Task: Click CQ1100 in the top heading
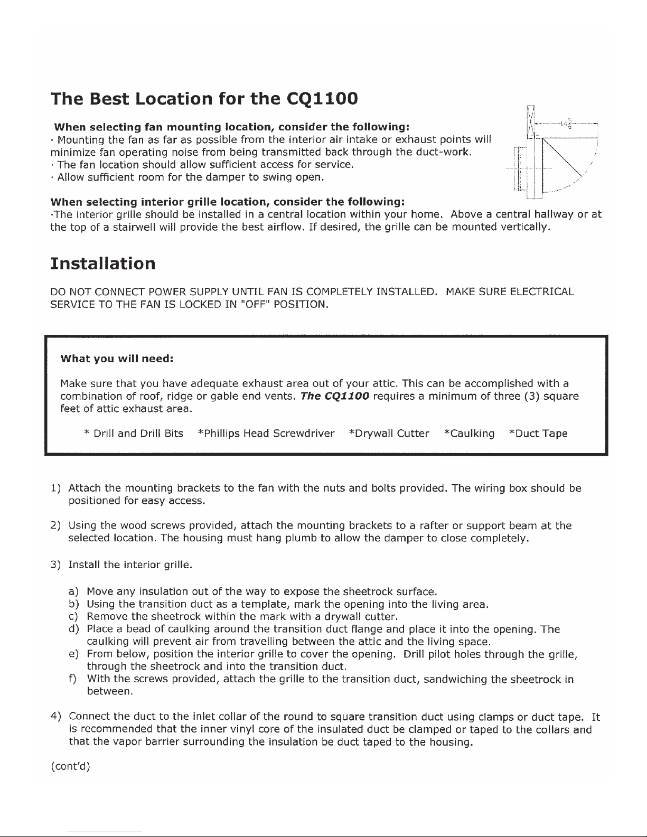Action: (x=322, y=98)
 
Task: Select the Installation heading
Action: (x=102, y=263)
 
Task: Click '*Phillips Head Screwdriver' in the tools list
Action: (x=265, y=434)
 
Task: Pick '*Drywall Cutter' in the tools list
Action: (x=389, y=434)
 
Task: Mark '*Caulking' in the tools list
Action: (x=470, y=434)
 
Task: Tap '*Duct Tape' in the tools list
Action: (x=538, y=434)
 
